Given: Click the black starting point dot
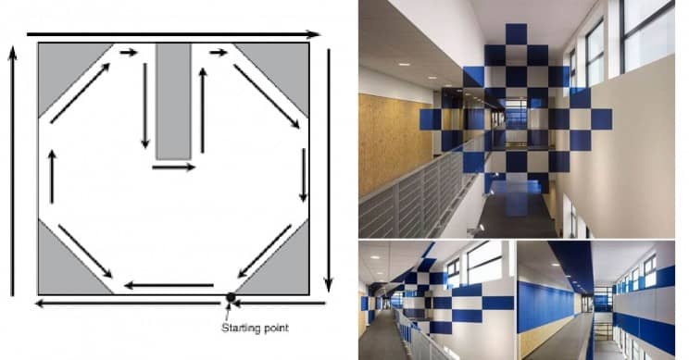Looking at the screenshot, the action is pyautogui.click(x=231, y=297).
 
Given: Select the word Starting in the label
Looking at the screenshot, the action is pyautogui.click(x=239, y=328).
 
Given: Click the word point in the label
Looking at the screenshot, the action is pyautogui.click(x=275, y=328).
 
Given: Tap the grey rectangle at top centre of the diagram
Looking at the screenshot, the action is pyautogui.click(x=173, y=101).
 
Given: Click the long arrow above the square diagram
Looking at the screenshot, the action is pyautogui.click(x=173, y=34).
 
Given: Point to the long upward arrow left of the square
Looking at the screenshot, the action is pyautogui.click(x=12, y=170).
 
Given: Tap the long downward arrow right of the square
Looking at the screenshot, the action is pyautogui.click(x=329, y=170).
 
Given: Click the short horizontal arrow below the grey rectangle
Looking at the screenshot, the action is pyautogui.click(x=173, y=168).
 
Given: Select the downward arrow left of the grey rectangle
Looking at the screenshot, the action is pyautogui.click(x=145, y=106).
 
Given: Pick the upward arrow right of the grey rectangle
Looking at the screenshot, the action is pyautogui.click(x=203, y=110).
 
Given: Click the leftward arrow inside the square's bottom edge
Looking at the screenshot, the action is pyautogui.click(x=169, y=285).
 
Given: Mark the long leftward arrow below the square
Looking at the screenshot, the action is pyautogui.click(x=128, y=304).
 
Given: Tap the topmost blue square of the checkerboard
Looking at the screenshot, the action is pyautogui.click(x=516, y=34).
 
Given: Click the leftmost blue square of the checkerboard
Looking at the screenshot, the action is pyautogui.click(x=431, y=119).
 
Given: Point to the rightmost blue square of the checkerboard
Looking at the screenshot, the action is pyautogui.click(x=601, y=119).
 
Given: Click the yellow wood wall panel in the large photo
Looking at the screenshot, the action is pyautogui.click(x=389, y=145).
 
